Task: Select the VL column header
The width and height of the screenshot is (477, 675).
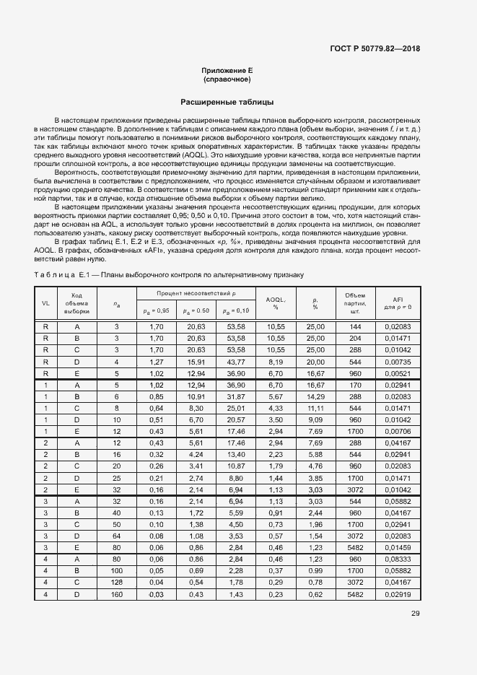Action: tap(45, 303)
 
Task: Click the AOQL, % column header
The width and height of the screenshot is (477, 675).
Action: tap(276, 303)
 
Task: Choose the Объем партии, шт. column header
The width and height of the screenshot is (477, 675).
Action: tap(355, 303)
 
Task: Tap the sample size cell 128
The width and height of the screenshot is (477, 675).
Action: tap(116, 581)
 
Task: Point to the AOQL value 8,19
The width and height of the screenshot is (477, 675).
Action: tap(276, 362)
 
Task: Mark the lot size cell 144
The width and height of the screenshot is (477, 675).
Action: tap(355, 327)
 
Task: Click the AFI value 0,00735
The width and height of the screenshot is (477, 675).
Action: tap(398, 362)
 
